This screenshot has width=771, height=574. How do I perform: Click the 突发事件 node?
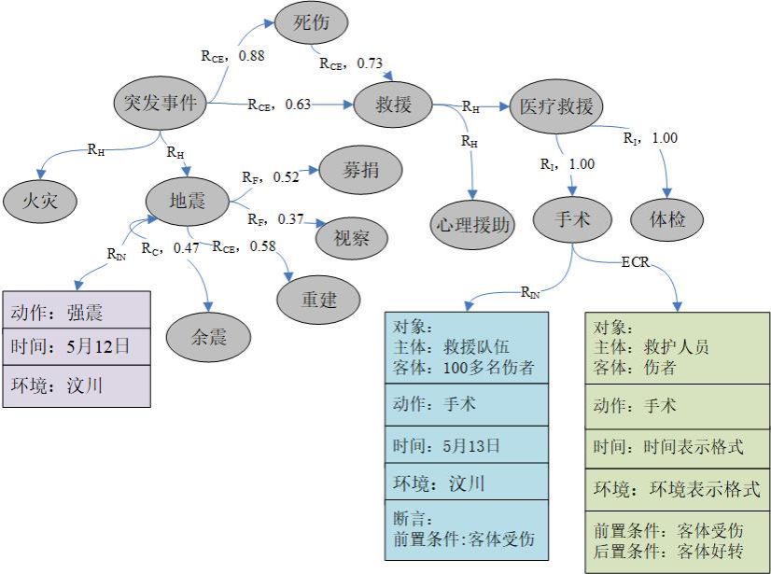click(161, 102)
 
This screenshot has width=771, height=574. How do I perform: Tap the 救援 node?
click(393, 104)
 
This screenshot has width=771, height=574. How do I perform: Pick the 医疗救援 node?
click(556, 105)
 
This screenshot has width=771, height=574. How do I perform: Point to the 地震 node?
click(187, 199)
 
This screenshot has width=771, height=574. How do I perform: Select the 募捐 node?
click(359, 170)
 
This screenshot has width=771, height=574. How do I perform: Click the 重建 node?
click(318, 300)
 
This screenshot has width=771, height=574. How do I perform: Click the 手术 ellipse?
click(572, 219)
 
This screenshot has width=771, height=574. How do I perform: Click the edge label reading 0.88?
click(251, 56)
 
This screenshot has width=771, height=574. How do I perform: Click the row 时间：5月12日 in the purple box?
click(76, 347)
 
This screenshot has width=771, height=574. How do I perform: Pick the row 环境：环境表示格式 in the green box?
click(677, 488)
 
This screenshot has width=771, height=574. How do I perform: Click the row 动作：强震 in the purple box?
click(76, 311)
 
